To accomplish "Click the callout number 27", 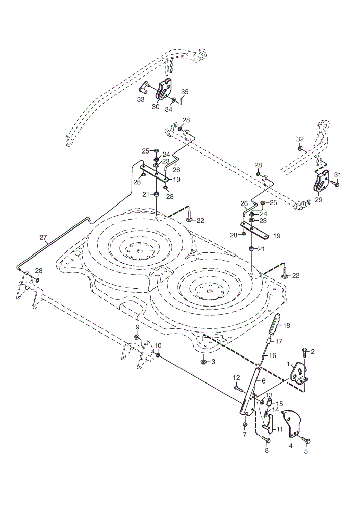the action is [43, 238].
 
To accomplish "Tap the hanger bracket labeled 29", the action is [321, 183].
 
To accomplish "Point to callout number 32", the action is [300, 139].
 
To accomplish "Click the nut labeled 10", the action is [158, 355].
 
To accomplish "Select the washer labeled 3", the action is [203, 362].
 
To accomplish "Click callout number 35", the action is [185, 92].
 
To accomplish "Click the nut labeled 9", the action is [137, 336].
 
